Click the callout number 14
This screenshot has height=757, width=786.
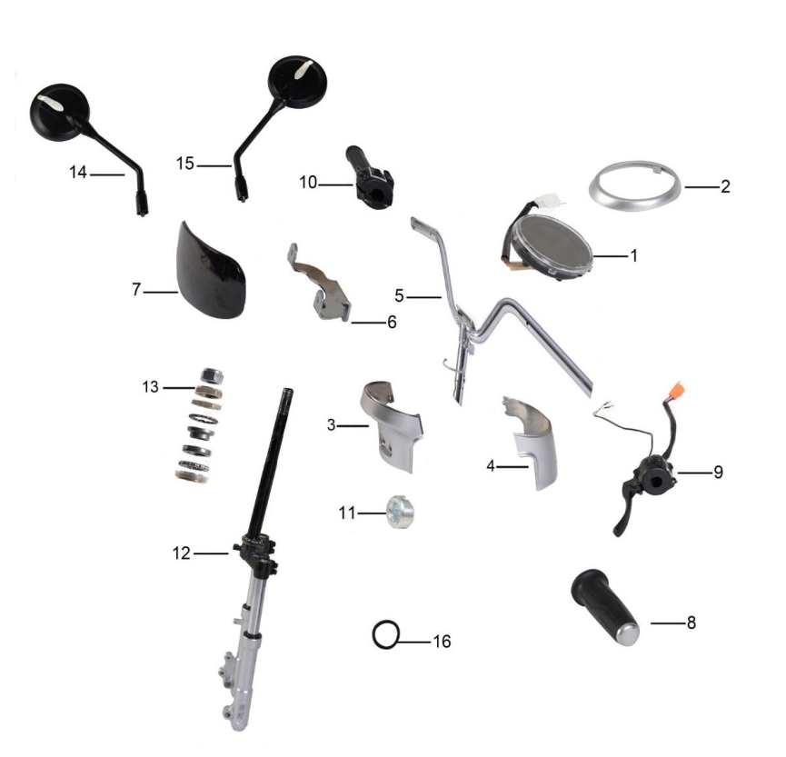click(x=78, y=173)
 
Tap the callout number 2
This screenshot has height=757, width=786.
click(x=725, y=186)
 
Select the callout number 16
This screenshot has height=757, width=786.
click(x=443, y=642)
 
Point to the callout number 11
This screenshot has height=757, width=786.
click(x=347, y=513)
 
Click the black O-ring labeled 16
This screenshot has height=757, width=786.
click(x=386, y=634)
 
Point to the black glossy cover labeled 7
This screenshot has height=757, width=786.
click(x=212, y=270)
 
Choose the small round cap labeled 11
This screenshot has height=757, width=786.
click(x=400, y=512)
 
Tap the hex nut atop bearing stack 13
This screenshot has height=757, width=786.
click(x=212, y=375)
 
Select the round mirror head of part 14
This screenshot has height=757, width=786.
click(x=60, y=113)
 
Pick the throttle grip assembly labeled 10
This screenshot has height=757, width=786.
click(x=370, y=172)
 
